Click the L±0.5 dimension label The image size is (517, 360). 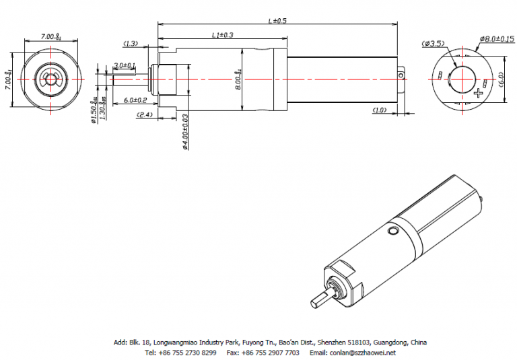coord(277,21)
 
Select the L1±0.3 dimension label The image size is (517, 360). coord(223,35)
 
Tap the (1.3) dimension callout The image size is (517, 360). coord(130,44)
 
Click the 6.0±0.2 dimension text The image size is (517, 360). coord(135,100)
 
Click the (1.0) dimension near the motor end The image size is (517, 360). coord(379,109)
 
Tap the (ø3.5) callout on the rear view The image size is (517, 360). coord(433,44)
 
